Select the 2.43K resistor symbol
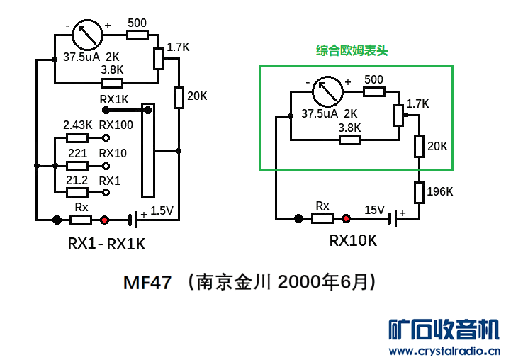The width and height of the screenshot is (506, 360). (77, 138)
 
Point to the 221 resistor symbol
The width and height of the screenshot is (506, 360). (77, 166)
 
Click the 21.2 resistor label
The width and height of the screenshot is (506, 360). (77, 181)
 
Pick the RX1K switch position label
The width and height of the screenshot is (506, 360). (114, 99)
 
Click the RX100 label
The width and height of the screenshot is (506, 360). (116, 125)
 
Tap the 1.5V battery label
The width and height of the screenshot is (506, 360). (162, 210)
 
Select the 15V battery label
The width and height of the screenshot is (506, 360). (374, 210)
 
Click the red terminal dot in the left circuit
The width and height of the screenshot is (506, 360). (105, 220)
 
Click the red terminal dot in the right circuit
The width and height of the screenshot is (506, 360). (347, 219)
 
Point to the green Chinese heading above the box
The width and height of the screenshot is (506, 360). (352, 51)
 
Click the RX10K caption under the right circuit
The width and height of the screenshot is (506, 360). (353, 241)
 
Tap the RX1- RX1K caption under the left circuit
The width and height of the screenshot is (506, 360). (106, 244)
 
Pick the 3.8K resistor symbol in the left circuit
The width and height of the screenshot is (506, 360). (112, 83)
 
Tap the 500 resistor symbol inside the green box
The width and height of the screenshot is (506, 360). (373, 91)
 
